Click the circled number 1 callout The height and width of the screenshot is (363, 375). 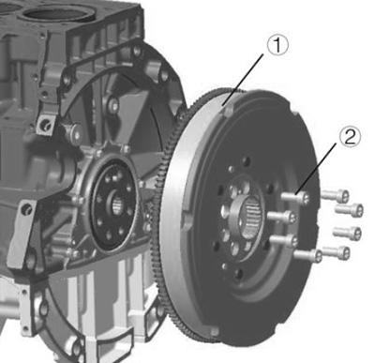click(277, 46)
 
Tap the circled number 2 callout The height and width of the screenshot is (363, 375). click(350, 138)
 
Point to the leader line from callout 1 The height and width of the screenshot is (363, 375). click(243, 80)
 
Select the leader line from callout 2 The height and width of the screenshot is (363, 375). click(318, 168)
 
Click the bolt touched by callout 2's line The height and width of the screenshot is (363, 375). click(295, 198)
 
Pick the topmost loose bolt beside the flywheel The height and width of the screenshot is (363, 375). click(335, 195)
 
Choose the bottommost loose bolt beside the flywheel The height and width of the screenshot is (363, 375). click(337, 251)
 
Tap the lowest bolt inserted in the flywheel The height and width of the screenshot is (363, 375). click(307, 255)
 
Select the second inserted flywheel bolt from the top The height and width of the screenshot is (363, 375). click(282, 217)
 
